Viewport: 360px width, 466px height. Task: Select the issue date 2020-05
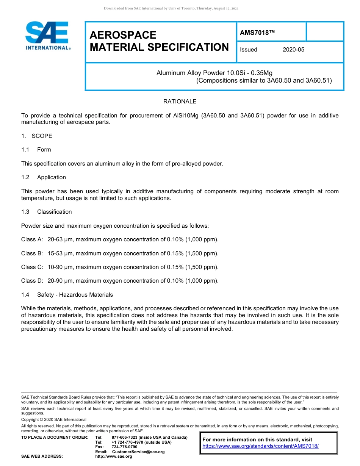point(293,50)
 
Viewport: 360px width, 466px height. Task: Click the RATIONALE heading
point(180,102)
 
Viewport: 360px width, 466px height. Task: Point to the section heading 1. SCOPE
point(37,136)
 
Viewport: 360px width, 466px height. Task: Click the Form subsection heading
point(44,150)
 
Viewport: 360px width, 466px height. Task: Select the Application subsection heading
point(51,177)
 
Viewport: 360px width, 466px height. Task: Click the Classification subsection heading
point(54,212)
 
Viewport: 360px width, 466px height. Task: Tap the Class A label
point(32,239)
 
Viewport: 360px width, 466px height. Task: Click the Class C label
point(32,267)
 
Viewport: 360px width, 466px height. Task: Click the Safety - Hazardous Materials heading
point(75,295)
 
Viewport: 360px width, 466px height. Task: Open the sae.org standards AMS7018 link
point(260,446)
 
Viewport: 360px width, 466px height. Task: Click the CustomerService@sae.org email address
point(138,452)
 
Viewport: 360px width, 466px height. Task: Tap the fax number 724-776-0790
point(124,447)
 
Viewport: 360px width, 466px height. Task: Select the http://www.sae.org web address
point(114,457)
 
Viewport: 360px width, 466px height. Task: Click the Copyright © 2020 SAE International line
point(54,419)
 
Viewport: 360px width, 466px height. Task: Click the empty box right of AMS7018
point(324,31)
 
